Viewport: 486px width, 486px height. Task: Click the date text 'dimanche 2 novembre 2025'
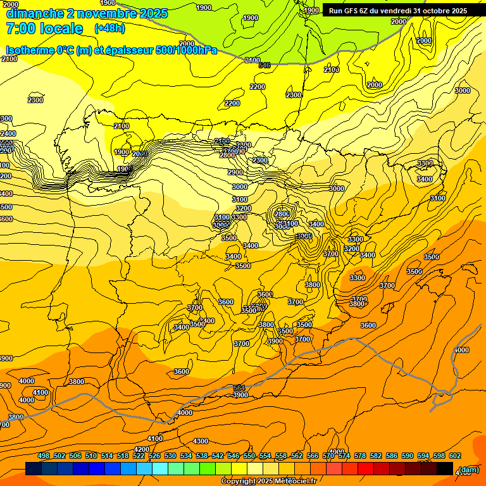pyautogui.click(x=87, y=13)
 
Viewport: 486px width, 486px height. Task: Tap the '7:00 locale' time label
pyautogui.click(x=44, y=28)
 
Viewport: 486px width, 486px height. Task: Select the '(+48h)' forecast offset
pyautogui.click(x=109, y=28)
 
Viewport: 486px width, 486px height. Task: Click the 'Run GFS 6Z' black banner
pyautogui.click(x=397, y=10)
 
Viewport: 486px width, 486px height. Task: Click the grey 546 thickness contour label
pyautogui.click(x=265, y=65)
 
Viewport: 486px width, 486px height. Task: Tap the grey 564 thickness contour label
pyautogui.click(x=239, y=388)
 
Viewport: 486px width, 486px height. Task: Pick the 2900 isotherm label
pyautogui.click(x=235, y=172)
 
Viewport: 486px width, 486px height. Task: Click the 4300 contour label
pyautogui.click(x=201, y=441)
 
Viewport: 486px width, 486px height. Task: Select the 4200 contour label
pyautogui.click(x=142, y=449)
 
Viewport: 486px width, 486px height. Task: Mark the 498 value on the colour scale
pyautogui.click(x=44, y=456)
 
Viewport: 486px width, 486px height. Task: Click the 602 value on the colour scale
pyautogui.click(x=454, y=456)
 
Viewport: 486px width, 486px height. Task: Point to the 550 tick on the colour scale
pyautogui.click(x=249, y=456)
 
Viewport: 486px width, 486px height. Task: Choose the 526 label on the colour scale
pyautogui.click(x=154, y=456)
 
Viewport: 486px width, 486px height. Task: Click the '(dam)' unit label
pyautogui.click(x=469, y=470)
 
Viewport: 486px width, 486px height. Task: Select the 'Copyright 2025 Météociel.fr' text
pyautogui.click(x=268, y=481)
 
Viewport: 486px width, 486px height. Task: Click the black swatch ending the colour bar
pyautogui.click(x=445, y=469)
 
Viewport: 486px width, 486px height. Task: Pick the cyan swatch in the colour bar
pyautogui.click(x=160, y=469)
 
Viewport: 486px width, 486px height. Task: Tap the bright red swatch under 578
pyautogui.click(x=366, y=469)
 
